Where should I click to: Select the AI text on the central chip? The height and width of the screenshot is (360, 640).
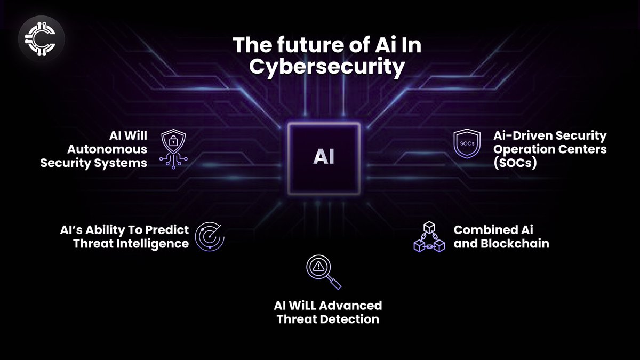(x=324, y=158)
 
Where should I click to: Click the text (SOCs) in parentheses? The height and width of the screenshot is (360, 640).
(x=515, y=163)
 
